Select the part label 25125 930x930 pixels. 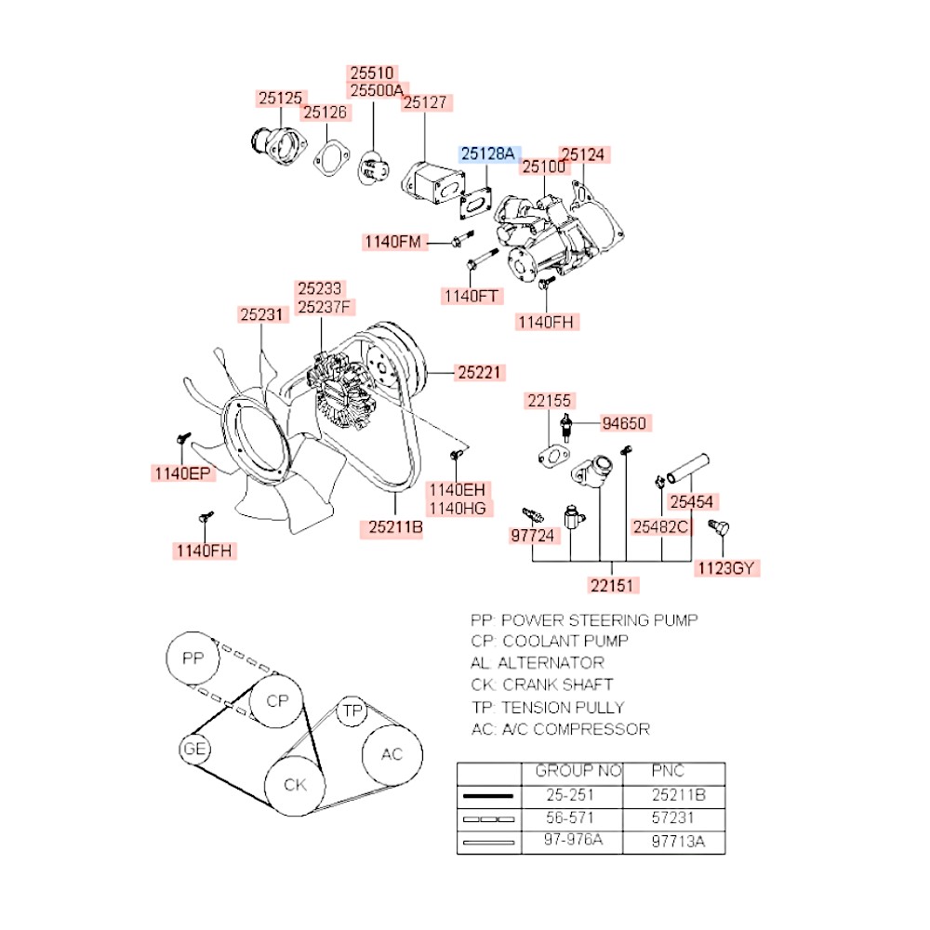[x=281, y=98]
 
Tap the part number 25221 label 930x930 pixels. [x=479, y=373]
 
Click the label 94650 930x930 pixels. [x=623, y=424]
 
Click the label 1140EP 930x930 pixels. [x=182, y=474]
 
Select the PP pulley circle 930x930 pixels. [x=192, y=659]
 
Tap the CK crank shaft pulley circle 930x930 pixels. [x=295, y=785]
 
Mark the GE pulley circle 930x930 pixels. [x=194, y=750]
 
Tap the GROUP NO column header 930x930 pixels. [x=578, y=772]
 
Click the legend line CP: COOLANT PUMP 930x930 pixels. [x=550, y=641]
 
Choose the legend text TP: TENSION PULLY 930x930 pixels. [x=548, y=707]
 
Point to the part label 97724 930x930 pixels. [x=533, y=537]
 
